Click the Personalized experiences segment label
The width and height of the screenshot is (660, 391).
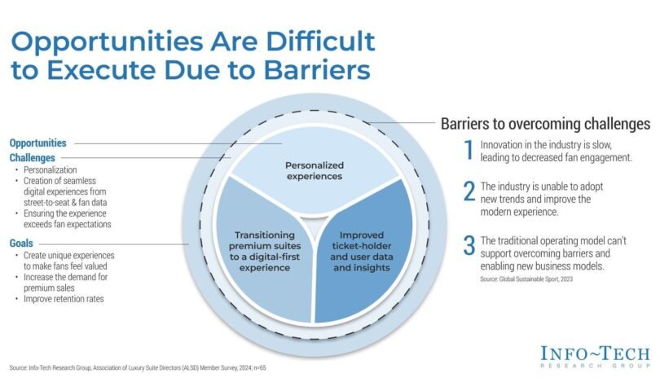click(315, 171)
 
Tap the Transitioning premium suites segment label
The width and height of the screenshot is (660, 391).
click(265, 251)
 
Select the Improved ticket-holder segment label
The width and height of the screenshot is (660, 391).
click(362, 251)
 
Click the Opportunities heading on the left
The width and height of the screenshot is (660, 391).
click(37, 143)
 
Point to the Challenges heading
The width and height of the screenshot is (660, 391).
click(33, 158)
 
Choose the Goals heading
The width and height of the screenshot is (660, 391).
click(21, 244)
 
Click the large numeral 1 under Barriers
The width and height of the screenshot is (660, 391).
click(469, 150)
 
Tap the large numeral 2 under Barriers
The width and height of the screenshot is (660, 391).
click(469, 191)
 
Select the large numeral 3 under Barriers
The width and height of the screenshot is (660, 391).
click(469, 246)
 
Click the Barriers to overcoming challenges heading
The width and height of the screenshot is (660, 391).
click(545, 124)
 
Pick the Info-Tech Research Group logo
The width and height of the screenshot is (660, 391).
click(595, 357)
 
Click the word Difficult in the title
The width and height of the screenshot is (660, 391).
click(321, 42)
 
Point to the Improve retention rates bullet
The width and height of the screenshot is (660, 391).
click(64, 299)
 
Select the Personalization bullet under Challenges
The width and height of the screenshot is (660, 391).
click(50, 170)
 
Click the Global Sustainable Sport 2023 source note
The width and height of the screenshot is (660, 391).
click(526, 279)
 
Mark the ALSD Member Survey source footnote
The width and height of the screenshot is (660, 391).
click(138, 368)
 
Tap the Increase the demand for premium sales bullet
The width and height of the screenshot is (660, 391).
click(65, 283)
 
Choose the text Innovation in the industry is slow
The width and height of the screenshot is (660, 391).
click(546, 145)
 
